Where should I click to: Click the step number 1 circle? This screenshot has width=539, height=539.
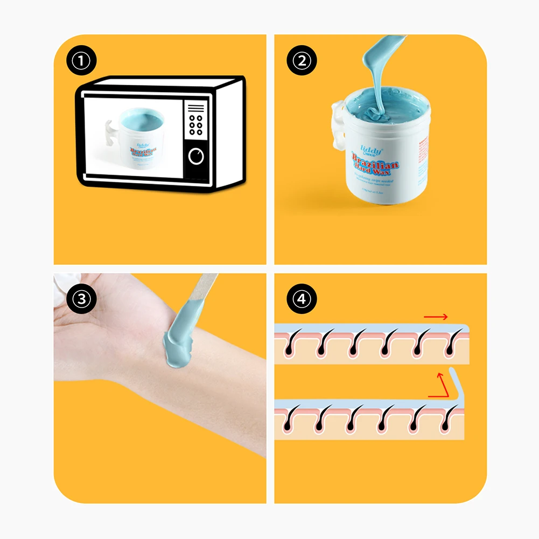81,61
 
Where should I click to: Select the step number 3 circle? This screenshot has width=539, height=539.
81,299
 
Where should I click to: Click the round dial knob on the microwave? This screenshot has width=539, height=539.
197,156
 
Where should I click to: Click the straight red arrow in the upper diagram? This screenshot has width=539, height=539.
435,317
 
